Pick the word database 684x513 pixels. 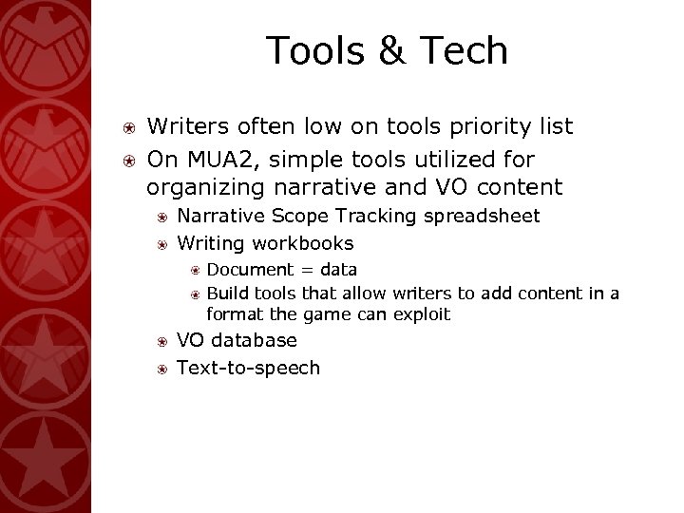click(x=255, y=340)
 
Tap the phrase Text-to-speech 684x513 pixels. click(x=249, y=368)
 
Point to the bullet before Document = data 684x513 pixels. click(x=193, y=270)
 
